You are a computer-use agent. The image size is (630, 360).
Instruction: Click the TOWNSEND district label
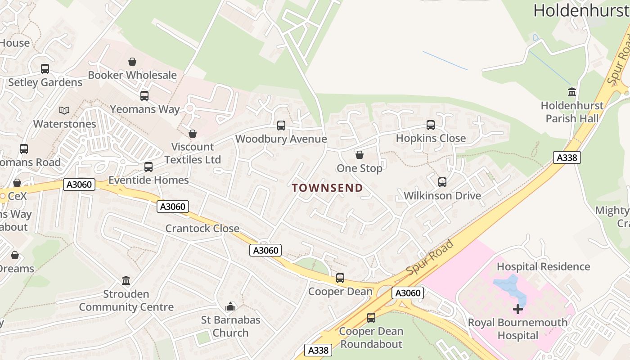pos(327,188)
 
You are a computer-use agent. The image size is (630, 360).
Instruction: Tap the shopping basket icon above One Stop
pos(360,155)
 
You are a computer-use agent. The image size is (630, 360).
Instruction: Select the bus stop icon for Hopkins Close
pos(431,125)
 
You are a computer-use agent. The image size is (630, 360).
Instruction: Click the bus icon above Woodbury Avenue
pos(281,126)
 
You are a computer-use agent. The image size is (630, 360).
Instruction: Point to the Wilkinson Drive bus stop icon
pos(442,182)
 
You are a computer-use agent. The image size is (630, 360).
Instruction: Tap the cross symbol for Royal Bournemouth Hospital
pos(518,309)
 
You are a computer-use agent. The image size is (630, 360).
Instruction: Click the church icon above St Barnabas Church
pos(230,307)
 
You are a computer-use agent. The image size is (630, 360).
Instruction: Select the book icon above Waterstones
pos(64,110)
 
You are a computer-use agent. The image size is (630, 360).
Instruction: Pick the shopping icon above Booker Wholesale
pos(132,62)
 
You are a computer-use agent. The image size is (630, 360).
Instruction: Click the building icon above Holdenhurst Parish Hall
pos(572,92)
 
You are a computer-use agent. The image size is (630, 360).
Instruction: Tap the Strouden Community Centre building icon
pos(126,281)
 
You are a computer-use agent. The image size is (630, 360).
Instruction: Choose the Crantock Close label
pos(202,228)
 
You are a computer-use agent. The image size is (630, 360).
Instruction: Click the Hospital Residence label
pos(543,266)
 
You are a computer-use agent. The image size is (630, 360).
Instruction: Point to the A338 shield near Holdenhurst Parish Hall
pos(567,157)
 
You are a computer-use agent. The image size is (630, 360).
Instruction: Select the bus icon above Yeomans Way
pos(144,96)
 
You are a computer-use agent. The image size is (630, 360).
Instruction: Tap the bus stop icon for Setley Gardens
pos(45,69)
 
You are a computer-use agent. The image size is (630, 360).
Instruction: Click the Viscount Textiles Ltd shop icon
pos(193,134)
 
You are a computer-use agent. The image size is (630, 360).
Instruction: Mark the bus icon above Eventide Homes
pos(148,167)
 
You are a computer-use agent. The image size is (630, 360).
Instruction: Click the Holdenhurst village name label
pos(581,10)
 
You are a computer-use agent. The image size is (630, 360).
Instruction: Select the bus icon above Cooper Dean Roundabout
pos(371,318)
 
